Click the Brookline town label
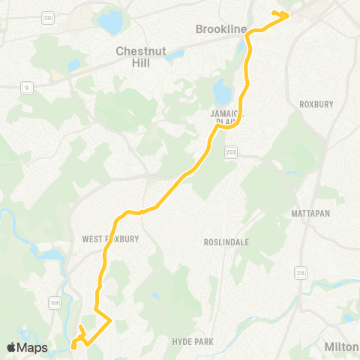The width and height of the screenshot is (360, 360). (x=220, y=28)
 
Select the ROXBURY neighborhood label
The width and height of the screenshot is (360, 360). (x=316, y=104)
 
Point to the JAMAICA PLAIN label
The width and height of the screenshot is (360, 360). (x=224, y=115)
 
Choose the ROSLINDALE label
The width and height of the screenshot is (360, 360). (x=226, y=242)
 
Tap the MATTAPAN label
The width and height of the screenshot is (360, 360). (x=311, y=214)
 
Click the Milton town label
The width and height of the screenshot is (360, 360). (x=342, y=346)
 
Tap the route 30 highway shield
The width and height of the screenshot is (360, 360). (x=48, y=17)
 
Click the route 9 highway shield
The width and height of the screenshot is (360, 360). (x=26, y=88)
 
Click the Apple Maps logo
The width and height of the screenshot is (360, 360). (x=27, y=347)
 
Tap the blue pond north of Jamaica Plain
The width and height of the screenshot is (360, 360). (x=222, y=93)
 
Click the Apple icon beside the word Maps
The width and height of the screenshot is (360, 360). (x=12, y=347)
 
